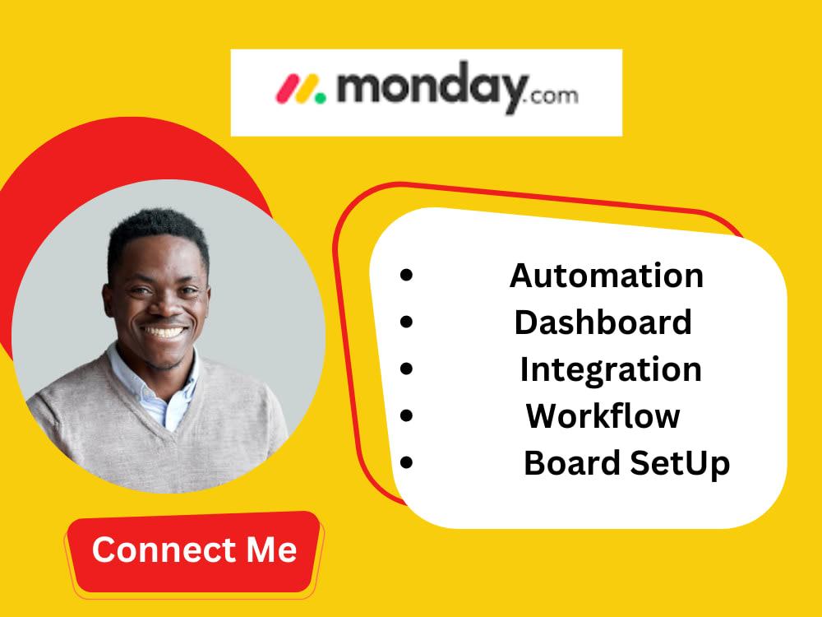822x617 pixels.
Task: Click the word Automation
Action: pos(606,276)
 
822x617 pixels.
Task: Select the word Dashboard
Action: pos(603,322)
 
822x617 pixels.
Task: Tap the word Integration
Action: pos(610,370)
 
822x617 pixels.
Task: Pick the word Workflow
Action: pos(603,416)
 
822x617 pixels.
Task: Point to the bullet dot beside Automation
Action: pos(406,276)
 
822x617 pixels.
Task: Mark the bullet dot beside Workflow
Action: pos(406,416)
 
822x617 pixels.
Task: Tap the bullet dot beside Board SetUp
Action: pos(406,464)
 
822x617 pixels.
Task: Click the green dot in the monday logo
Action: pos(320,97)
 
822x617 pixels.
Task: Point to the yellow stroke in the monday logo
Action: pos(303,88)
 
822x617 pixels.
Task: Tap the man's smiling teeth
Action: pos(165,332)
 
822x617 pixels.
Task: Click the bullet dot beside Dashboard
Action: pos(406,322)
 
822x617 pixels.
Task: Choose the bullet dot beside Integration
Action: pos(406,370)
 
